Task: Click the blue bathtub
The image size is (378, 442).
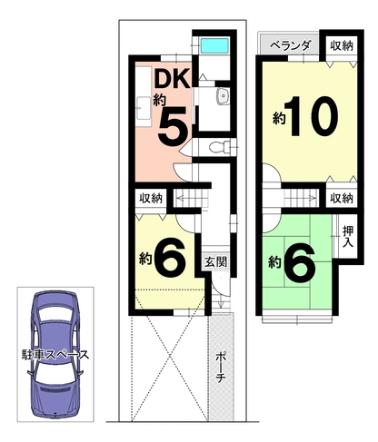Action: pyautogui.click(x=214, y=45)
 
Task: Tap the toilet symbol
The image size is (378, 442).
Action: pyautogui.click(x=219, y=147)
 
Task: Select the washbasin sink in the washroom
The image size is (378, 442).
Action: pyautogui.click(x=224, y=96)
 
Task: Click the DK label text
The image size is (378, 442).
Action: pyautogui.click(x=172, y=78)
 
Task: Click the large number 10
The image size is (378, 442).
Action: pyautogui.click(x=313, y=116)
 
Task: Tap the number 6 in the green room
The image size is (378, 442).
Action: pyautogui.click(x=300, y=262)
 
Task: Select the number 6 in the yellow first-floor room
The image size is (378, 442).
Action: pyautogui.click(x=170, y=259)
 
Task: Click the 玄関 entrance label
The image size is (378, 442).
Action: pyautogui.click(x=216, y=261)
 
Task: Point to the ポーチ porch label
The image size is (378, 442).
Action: pyautogui.click(x=221, y=368)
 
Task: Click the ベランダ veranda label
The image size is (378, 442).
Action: pyautogui.click(x=290, y=45)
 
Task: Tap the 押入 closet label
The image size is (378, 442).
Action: pyautogui.click(x=348, y=236)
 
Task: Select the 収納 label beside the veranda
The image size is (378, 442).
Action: pyautogui.click(x=342, y=46)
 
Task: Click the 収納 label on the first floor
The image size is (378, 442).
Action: pyautogui.click(x=151, y=198)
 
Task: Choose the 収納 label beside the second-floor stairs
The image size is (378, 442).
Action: pyautogui.click(x=342, y=198)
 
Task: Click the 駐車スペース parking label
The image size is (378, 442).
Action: pyautogui.click(x=55, y=355)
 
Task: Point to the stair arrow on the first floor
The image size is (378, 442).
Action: pyautogui.click(x=191, y=199)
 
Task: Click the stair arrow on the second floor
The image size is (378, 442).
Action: pyautogui.click(x=301, y=199)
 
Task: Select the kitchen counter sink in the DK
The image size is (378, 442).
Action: pyautogui.click(x=144, y=108)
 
